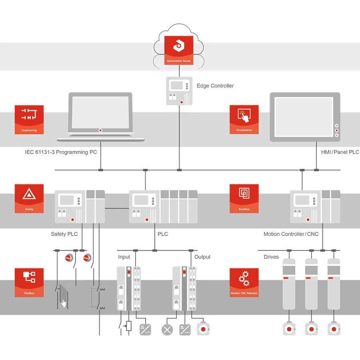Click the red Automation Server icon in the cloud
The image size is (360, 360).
(179, 50)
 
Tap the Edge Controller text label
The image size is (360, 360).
(215, 86)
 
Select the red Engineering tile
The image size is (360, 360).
(29, 120)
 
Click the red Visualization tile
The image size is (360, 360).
(244, 120)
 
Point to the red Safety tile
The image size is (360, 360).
(29, 198)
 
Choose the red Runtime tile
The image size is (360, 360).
(244, 198)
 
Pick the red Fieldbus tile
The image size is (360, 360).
(29, 282)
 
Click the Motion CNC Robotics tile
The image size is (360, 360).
(244, 282)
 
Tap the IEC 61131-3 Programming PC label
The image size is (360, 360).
(61, 152)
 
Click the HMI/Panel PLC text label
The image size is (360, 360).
(340, 152)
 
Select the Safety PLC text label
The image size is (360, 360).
(64, 234)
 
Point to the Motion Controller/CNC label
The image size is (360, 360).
(291, 234)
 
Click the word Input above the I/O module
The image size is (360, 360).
(124, 257)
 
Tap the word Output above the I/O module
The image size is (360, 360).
(202, 257)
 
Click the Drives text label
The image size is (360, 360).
(271, 257)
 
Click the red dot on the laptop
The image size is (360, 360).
(100, 130)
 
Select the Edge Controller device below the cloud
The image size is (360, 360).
(179, 91)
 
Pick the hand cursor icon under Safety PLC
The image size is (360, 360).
(64, 303)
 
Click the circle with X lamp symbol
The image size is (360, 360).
(166, 330)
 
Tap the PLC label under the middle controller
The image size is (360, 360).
(163, 234)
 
